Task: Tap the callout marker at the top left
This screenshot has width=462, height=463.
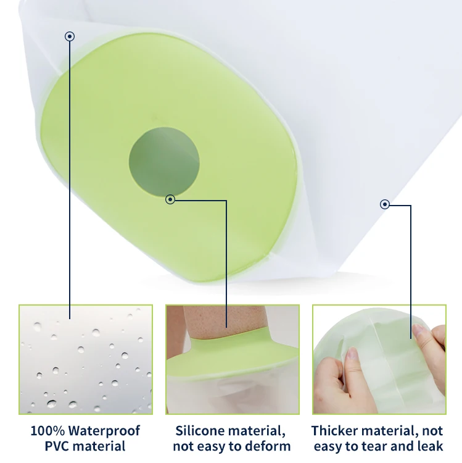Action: pos(70,36)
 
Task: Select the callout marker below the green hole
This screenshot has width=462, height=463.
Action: pos(170,199)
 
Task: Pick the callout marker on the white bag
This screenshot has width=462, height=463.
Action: pos(385,204)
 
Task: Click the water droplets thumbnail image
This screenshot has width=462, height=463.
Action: pos(86,359)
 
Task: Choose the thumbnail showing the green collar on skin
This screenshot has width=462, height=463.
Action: pos(233,359)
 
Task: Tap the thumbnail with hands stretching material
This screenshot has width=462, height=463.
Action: pos(379,359)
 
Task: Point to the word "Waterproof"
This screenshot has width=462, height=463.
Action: pos(104,431)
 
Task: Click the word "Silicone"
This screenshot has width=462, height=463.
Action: pos(200,431)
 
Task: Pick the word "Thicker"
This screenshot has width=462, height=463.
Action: pos(335,431)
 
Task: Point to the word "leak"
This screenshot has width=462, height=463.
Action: pos(430,446)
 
